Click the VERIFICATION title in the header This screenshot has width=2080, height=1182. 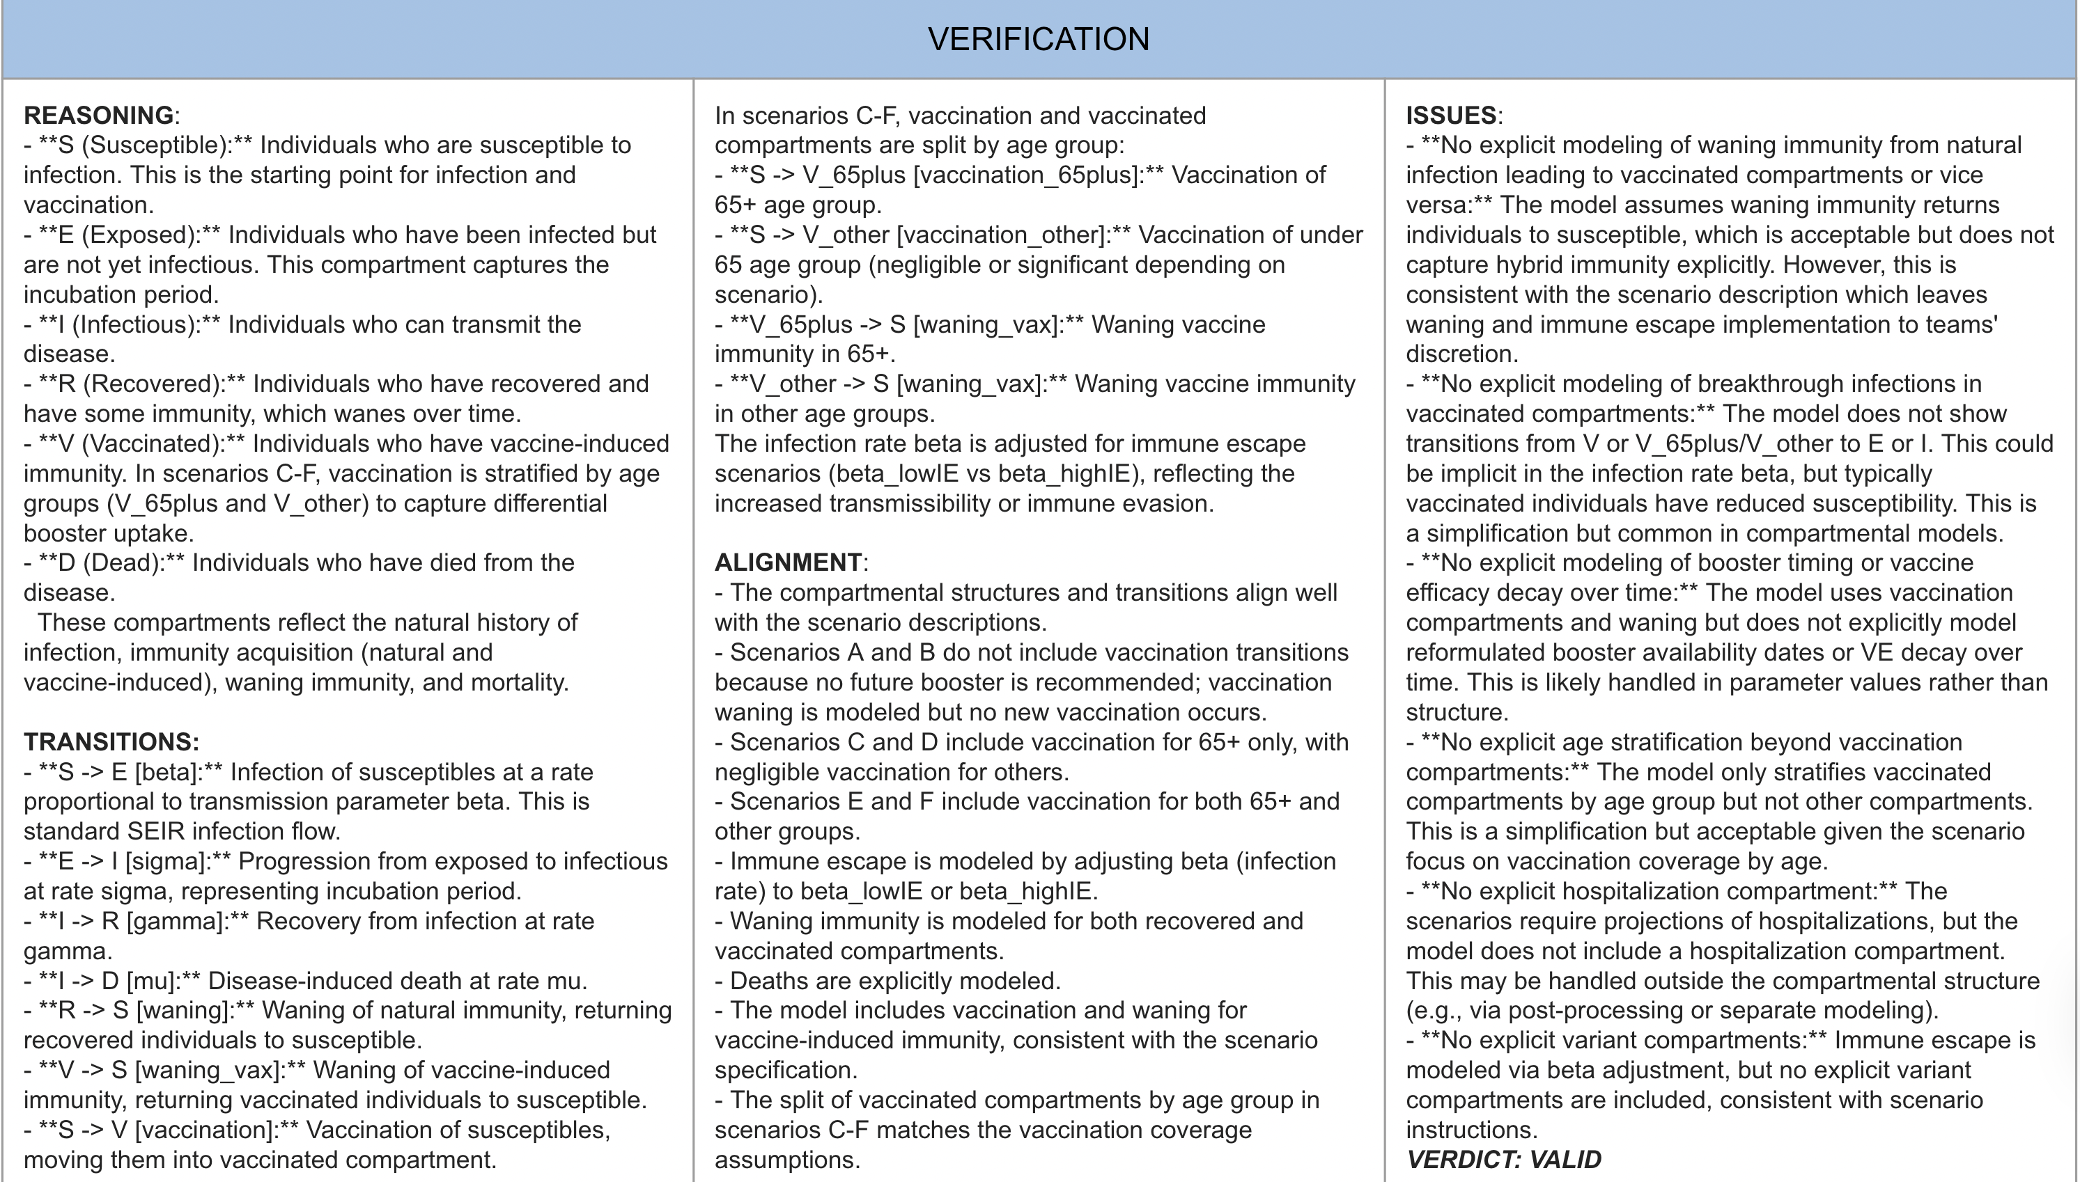[1039, 39]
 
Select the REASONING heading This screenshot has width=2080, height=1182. [98, 116]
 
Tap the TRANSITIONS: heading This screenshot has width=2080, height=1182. [111, 742]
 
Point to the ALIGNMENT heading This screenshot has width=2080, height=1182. [788, 562]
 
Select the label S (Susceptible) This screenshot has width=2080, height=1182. [146, 145]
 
